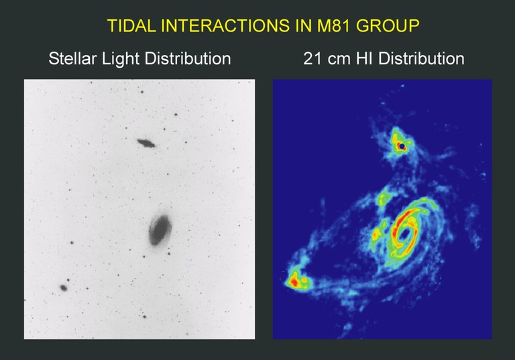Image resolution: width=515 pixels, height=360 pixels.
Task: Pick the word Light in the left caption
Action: pos(127,59)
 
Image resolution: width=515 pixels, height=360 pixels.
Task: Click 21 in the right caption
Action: pos(312,59)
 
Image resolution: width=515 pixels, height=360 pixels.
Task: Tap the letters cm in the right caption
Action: pos(339,59)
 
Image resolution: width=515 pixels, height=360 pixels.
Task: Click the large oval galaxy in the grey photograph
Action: pos(160,230)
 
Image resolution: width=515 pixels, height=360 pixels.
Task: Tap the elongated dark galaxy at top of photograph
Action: pos(146,142)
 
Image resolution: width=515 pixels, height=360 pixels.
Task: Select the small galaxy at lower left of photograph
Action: pos(64,288)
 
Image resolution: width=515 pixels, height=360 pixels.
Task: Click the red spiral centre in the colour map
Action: pos(406,231)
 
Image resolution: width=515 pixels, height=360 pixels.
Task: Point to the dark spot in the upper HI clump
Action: pos(402,145)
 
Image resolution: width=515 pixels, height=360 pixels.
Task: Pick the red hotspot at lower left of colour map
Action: pos(293,283)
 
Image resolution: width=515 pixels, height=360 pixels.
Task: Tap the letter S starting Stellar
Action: pos(54,59)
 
